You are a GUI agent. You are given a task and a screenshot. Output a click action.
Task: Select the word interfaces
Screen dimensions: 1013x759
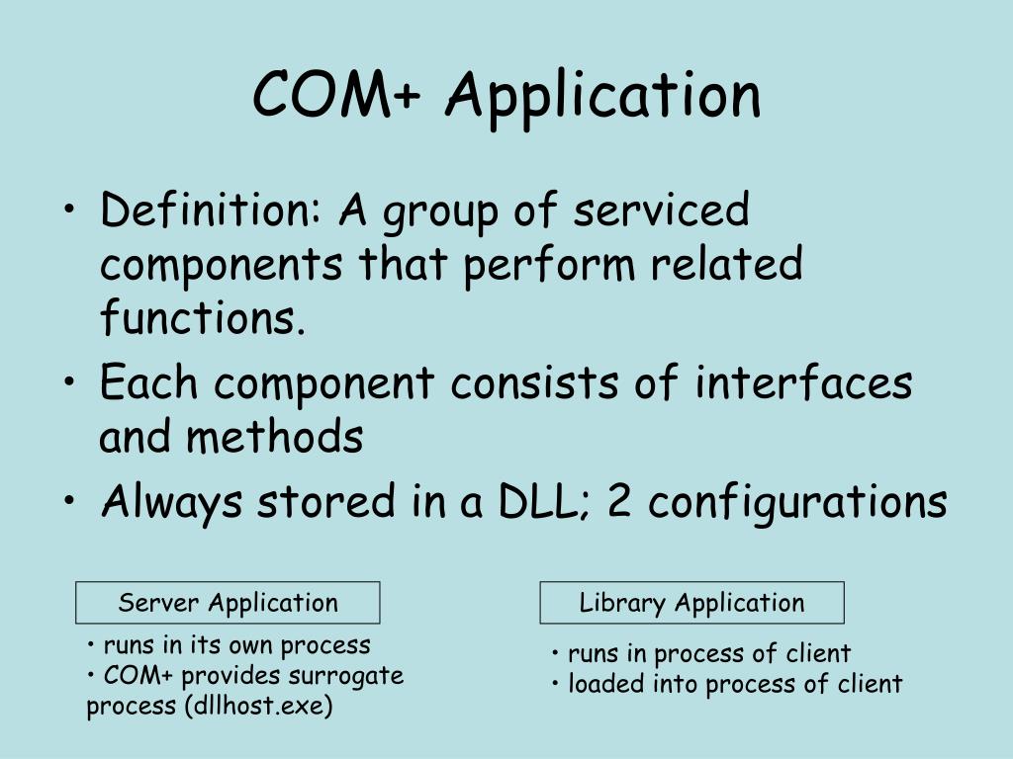point(802,382)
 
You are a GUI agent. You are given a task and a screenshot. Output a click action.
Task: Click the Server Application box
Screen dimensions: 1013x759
point(228,603)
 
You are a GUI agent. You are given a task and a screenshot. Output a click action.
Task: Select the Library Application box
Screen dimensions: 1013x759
point(691,603)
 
